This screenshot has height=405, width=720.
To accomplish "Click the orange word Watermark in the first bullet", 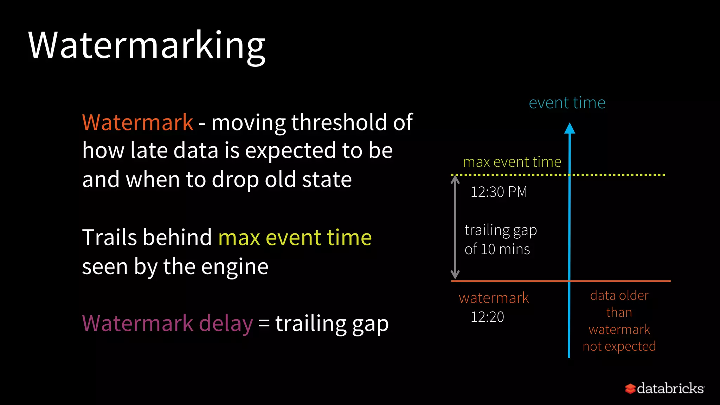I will click(137, 122).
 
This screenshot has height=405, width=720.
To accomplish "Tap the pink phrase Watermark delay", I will click(167, 323).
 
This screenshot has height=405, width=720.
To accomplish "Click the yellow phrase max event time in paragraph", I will click(295, 237).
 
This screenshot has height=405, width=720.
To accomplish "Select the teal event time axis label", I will click(567, 103).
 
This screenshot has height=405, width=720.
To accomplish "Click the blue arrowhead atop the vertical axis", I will click(570, 129).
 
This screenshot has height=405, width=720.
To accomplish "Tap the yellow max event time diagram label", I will click(512, 162).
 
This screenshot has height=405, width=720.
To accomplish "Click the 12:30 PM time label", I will click(499, 192).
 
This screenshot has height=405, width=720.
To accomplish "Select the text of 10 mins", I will click(497, 249).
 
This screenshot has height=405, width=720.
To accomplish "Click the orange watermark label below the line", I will click(494, 298).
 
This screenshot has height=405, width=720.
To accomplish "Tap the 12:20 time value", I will click(487, 317).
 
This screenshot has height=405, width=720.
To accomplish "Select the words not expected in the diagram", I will click(619, 347).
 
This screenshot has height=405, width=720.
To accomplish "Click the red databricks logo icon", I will click(630, 388).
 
